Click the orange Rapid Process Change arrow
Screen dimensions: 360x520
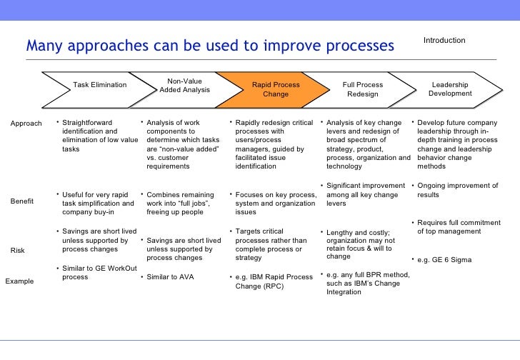275,89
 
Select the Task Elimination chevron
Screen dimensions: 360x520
100,85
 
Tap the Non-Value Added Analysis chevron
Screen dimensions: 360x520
184,86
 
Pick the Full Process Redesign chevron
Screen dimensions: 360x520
362,89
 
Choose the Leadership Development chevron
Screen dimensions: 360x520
450,89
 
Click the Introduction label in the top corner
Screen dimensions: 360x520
444,41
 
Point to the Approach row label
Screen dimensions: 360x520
26,124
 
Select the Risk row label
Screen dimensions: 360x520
17,251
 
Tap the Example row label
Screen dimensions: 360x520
20,281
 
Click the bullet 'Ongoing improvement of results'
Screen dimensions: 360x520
456,190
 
